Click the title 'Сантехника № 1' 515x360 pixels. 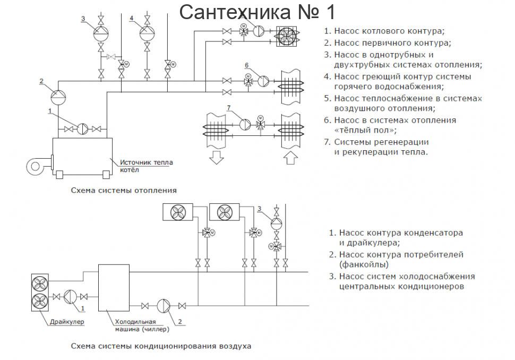[257, 11]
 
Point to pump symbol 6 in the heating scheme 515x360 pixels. [263, 81]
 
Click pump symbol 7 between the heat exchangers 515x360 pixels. [245, 124]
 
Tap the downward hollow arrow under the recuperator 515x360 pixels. [217, 157]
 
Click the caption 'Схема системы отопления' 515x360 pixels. [124, 190]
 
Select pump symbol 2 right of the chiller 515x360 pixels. [164, 306]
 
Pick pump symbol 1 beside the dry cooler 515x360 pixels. [71, 297]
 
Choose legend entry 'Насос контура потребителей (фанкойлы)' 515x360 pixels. [401, 259]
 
